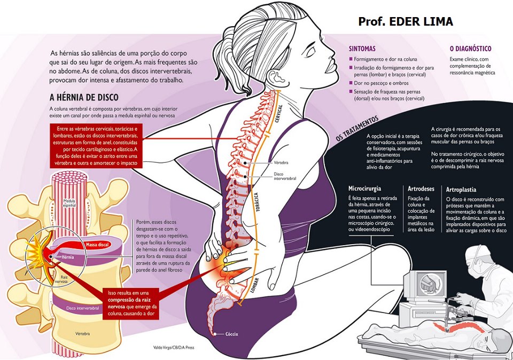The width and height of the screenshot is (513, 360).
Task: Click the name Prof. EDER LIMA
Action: coord(406,21)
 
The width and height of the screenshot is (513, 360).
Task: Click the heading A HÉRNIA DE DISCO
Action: coord(84,98)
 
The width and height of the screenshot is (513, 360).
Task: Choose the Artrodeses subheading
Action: coord(421,189)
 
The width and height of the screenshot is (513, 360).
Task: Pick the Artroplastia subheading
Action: coord(462,189)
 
